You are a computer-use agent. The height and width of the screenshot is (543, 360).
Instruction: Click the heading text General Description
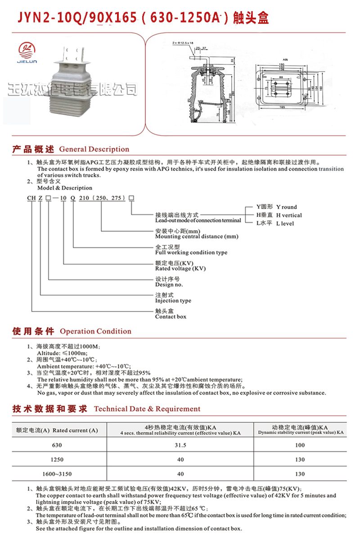pos(94,149)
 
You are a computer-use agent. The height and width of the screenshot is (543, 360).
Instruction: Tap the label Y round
pos(286,207)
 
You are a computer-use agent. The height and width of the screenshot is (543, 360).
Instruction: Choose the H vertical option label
pos(288,215)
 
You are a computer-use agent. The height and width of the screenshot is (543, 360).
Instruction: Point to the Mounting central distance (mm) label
pos(197,236)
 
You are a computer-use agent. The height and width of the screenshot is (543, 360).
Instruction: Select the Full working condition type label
pos(191,253)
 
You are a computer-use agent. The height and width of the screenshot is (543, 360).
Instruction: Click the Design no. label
pos(169,285)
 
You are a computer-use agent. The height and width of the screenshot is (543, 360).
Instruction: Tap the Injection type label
pos(173,301)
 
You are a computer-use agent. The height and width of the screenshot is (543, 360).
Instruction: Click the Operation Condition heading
pos(95,331)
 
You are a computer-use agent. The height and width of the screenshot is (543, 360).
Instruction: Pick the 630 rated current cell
pos(57,445)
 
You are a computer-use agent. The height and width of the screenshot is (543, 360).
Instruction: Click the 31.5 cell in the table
pos(180,445)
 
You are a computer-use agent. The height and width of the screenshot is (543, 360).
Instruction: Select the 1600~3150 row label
pos(57,474)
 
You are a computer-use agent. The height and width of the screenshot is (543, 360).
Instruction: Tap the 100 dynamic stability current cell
pos(300,445)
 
